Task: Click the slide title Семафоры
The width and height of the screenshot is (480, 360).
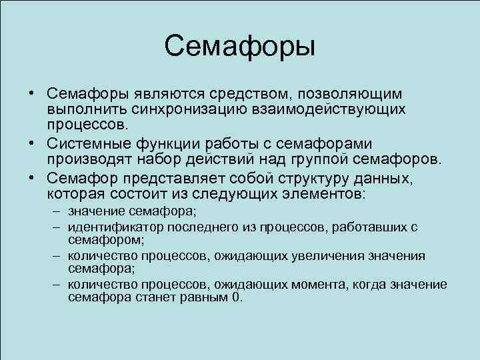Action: [239, 47]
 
